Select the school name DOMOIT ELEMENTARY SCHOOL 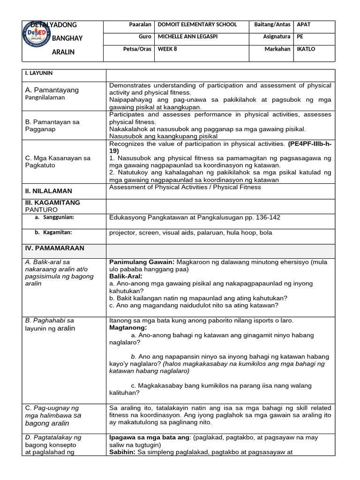[x=197, y=25]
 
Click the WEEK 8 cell [x=167, y=49]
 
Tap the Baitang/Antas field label [x=272, y=25]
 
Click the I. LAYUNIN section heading [x=39, y=74]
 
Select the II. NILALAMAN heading [x=49, y=191]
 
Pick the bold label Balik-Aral [x=126, y=277]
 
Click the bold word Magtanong [x=128, y=328]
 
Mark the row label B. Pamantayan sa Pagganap [x=52, y=125]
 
